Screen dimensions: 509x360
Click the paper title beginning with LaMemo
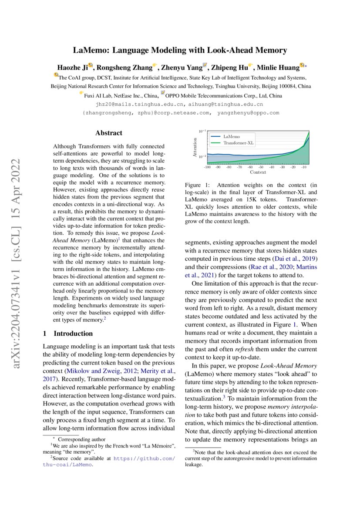(180, 51)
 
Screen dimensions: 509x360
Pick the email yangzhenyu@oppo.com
(248, 113)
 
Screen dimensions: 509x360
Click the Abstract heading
(108, 133)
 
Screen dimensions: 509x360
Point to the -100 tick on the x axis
(207, 167)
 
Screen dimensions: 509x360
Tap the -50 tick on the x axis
(260, 167)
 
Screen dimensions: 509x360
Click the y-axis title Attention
(195, 147)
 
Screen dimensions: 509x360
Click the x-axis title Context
(258, 172)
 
